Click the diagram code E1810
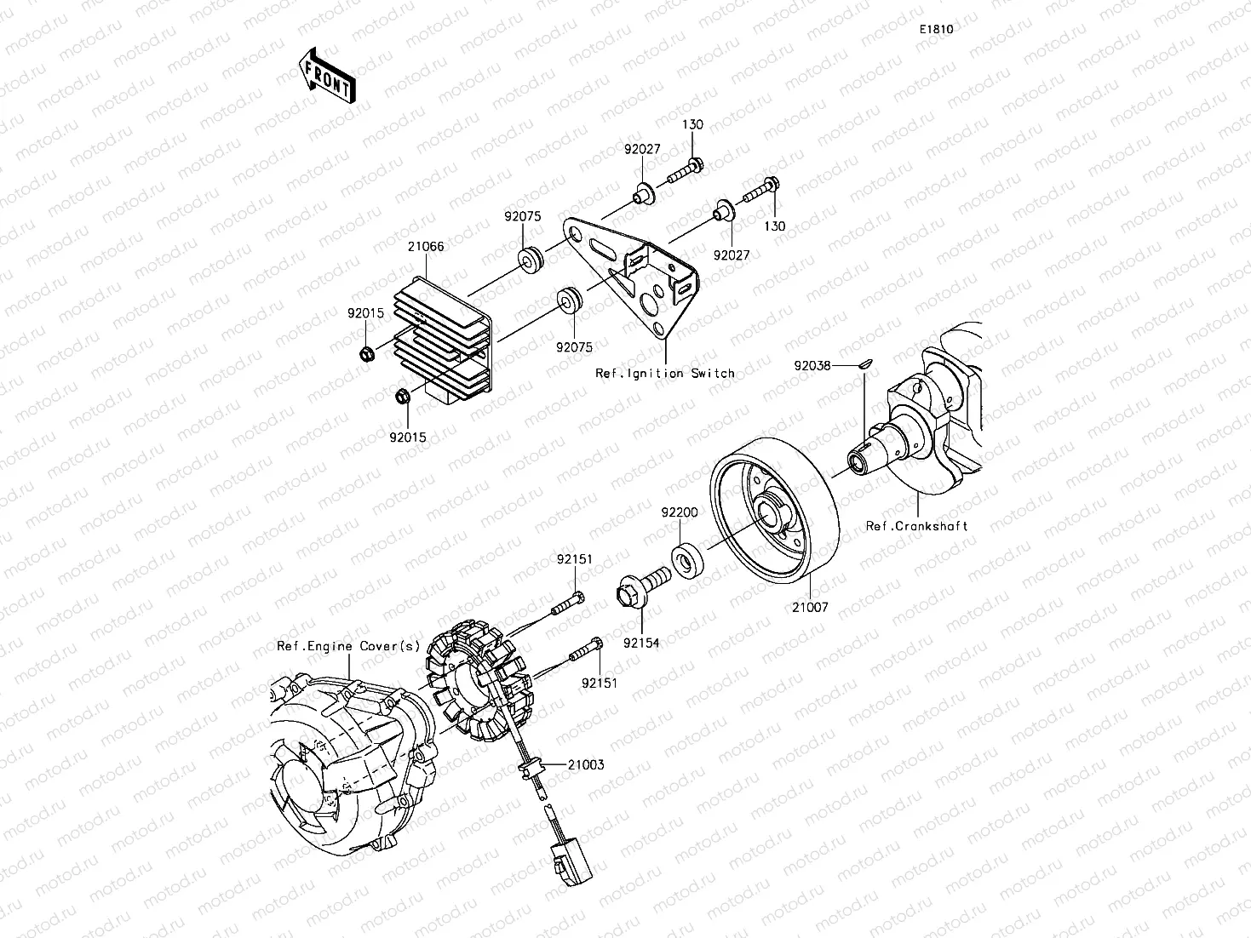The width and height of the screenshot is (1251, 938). click(935, 29)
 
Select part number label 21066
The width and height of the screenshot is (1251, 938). click(425, 247)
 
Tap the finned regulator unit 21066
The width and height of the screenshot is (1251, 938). click(439, 337)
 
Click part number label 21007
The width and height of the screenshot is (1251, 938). click(809, 608)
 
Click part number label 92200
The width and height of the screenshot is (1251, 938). click(680, 512)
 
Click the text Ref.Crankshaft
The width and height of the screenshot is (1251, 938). click(916, 526)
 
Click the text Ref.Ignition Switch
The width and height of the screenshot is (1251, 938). click(664, 373)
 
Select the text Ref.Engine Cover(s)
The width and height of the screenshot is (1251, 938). click(348, 646)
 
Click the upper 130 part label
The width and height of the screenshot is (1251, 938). click(692, 124)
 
